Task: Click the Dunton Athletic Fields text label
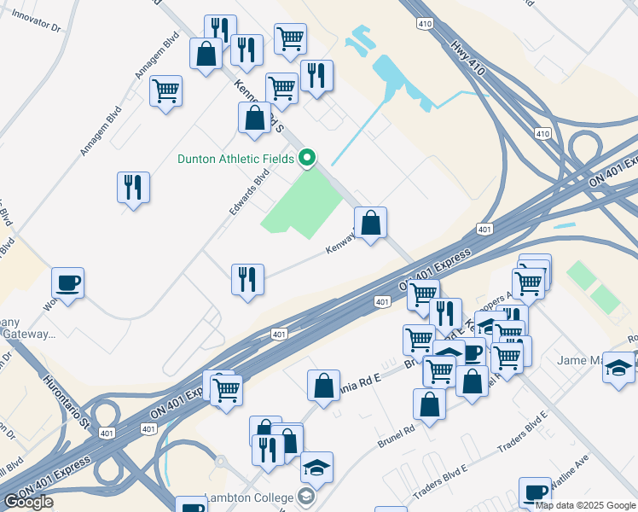click(235, 159)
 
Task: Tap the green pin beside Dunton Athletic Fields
click(308, 158)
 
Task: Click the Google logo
click(28, 502)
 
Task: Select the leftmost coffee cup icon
click(67, 282)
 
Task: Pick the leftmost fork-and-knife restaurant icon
click(134, 187)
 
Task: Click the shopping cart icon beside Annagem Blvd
click(165, 90)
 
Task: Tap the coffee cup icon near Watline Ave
click(535, 492)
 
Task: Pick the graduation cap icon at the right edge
click(618, 366)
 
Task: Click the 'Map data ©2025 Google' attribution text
click(584, 505)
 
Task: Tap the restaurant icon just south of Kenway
click(247, 278)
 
